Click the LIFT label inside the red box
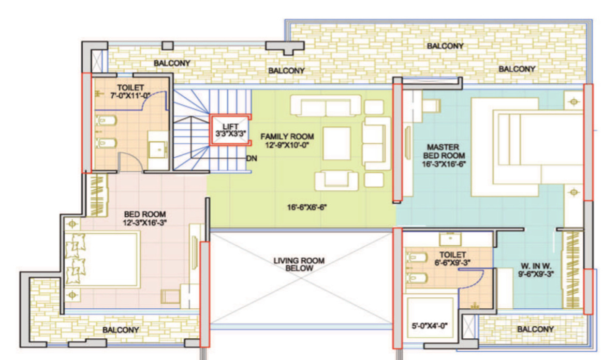click(x=230, y=127)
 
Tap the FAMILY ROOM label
click(x=287, y=137)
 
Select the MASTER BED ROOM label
click(x=444, y=152)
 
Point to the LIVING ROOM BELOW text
click(x=299, y=264)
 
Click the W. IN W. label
click(x=536, y=266)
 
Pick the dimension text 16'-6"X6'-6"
click(x=307, y=207)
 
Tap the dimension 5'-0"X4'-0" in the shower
click(x=430, y=326)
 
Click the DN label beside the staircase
click(x=252, y=158)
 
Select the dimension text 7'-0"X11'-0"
click(x=130, y=96)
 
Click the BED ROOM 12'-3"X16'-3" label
click(x=145, y=218)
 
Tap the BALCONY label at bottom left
click(x=121, y=330)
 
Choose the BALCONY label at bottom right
click(x=535, y=329)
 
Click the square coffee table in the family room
click(x=336, y=143)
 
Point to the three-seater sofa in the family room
click(x=326, y=106)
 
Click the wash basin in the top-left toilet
click(x=158, y=149)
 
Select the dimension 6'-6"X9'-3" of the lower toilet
click(x=452, y=263)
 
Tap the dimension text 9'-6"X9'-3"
click(x=536, y=274)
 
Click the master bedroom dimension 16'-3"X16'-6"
click(x=444, y=163)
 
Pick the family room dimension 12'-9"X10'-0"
click(x=287, y=145)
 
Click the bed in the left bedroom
click(x=102, y=259)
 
